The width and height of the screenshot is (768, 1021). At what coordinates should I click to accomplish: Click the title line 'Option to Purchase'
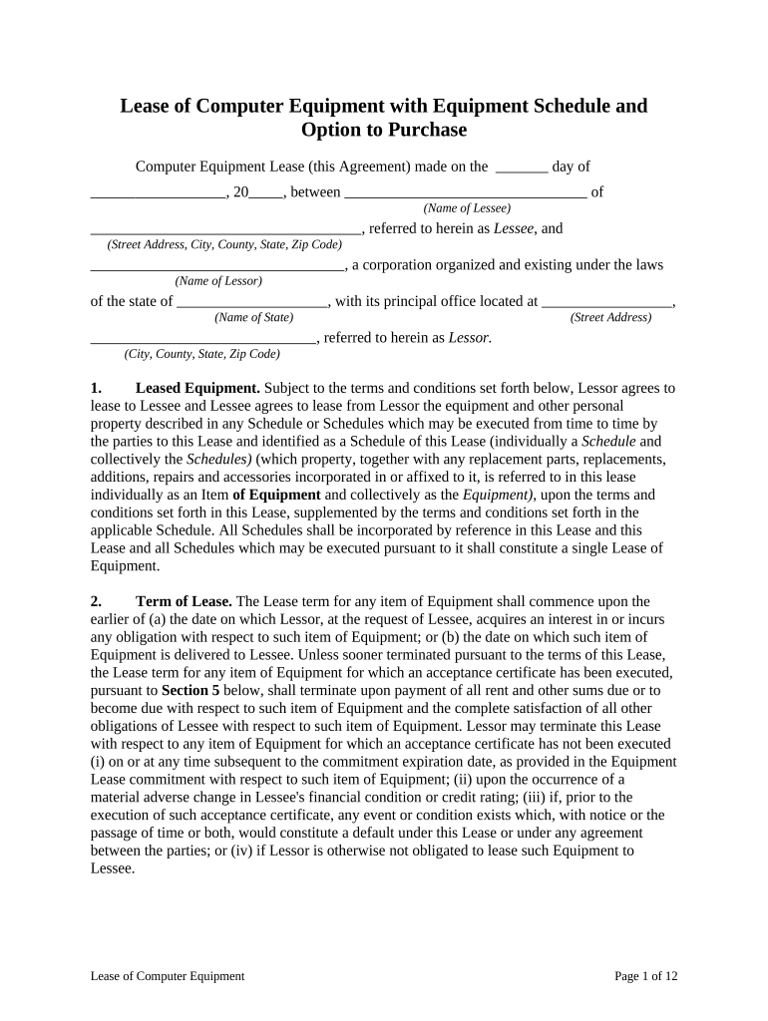click(383, 131)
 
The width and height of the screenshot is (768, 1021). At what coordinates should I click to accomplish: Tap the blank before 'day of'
click(522, 168)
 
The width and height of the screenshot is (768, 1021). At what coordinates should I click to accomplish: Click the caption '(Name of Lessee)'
click(467, 208)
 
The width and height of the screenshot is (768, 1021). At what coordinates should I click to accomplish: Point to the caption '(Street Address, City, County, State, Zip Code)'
click(224, 244)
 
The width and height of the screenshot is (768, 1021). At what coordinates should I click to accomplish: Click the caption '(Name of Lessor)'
click(218, 281)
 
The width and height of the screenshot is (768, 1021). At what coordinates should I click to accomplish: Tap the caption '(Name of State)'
click(253, 317)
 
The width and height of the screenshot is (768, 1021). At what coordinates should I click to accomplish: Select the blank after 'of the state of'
click(252, 302)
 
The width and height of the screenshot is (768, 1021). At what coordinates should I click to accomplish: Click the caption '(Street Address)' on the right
click(610, 317)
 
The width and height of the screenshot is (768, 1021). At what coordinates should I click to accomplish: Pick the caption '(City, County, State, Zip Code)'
click(201, 353)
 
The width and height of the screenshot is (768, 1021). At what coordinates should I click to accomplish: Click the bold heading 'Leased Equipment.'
click(197, 388)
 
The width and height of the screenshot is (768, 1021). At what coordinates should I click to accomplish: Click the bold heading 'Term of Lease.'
click(184, 601)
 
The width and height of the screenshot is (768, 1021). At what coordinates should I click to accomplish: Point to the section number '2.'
click(96, 601)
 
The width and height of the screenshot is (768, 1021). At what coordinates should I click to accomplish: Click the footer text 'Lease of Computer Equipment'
click(167, 976)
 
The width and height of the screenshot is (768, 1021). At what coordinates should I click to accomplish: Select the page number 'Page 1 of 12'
click(646, 976)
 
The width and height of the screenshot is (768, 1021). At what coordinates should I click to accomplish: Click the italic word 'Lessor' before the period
click(468, 338)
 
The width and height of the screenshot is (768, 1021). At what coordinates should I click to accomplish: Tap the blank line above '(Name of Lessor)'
click(217, 266)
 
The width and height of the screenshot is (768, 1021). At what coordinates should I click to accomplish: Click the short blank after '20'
click(266, 193)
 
